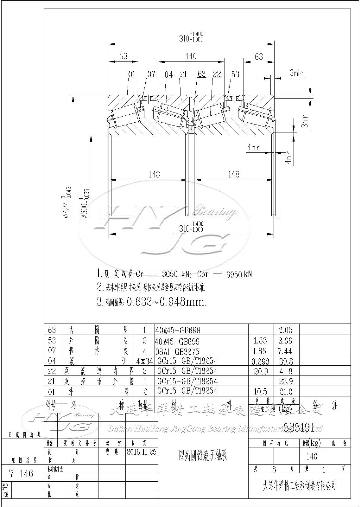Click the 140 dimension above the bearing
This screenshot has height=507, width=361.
click(x=191, y=56)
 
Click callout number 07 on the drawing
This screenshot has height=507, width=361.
click(x=151, y=74)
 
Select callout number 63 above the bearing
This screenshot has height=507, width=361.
click(x=202, y=74)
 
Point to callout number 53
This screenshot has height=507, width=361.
click(x=235, y=74)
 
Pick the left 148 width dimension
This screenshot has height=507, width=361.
click(x=154, y=174)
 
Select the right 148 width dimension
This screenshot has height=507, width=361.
click(x=234, y=174)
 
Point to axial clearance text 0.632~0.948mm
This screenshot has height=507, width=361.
click(x=166, y=302)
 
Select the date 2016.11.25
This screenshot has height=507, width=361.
click(x=141, y=452)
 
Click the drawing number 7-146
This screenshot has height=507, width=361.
click(x=22, y=473)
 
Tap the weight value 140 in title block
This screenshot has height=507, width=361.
click(x=312, y=456)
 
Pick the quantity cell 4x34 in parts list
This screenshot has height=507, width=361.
click(x=144, y=361)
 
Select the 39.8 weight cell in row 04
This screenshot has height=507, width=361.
click(x=286, y=361)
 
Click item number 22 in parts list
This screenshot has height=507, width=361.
click(x=52, y=371)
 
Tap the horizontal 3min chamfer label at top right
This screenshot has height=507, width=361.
click(x=297, y=73)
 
